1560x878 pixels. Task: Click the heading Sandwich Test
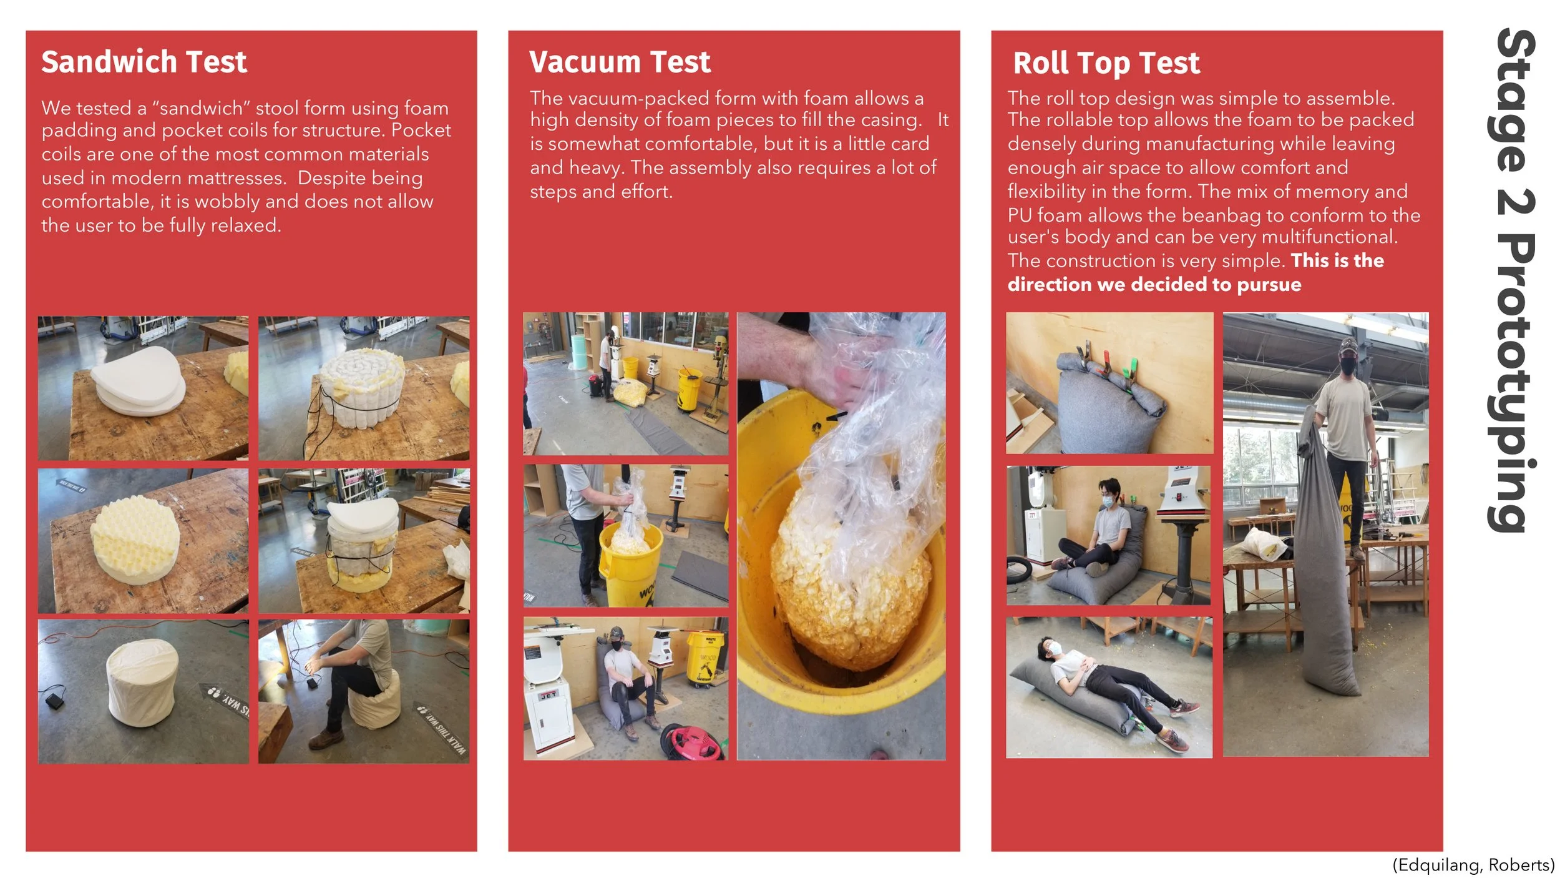[x=144, y=62]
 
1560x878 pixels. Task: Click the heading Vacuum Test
[x=620, y=62]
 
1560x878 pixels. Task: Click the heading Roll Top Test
[x=1106, y=63]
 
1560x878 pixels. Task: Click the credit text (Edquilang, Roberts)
[x=1473, y=864]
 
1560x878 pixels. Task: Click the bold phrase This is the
[x=1337, y=260]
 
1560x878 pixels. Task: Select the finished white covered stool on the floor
[x=142, y=685]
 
